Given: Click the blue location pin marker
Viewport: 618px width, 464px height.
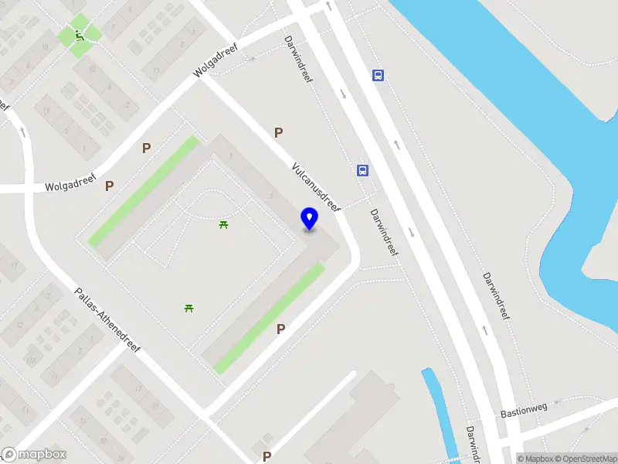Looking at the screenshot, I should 310,218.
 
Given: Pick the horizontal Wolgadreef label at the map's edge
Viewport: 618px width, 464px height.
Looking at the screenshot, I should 70,186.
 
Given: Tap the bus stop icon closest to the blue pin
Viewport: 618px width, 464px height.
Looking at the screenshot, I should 362,171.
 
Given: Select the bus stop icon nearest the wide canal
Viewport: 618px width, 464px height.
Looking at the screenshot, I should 379,75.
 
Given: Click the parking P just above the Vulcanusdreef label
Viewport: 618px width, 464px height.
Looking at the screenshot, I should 278,133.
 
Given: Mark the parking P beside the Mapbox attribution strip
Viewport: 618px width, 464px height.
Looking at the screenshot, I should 267,456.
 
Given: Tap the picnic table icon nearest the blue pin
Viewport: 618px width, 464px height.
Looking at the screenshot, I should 223,224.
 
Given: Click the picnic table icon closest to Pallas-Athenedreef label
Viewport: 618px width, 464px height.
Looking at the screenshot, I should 188,309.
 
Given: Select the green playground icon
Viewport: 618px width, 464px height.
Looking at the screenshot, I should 79,34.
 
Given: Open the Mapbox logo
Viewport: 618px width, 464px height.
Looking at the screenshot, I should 34,455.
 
